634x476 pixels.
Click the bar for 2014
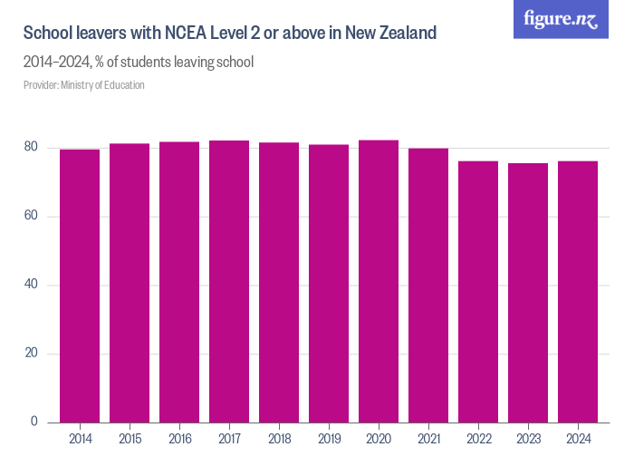pyautogui.click(x=80, y=286)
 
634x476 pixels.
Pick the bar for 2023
pyautogui.click(x=528, y=293)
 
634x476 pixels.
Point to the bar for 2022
pyautogui.click(x=478, y=292)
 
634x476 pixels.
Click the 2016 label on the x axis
pyautogui.click(x=179, y=439)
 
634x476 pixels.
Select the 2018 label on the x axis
pyautogui.click(x=279, y=439)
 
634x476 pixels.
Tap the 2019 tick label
pyautogui.click(x=329, y=439)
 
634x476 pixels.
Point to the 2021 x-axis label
pyautogui.click(x=428, y=439)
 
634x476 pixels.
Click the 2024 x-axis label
pyautogui.click(x=578, y=439)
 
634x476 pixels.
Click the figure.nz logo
pyautogui.click(x=561, y=20)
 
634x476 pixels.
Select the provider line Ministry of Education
pyautogui.click(x=83, y=85)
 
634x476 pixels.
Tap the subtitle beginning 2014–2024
pyautogui.click(x=138, y=63)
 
